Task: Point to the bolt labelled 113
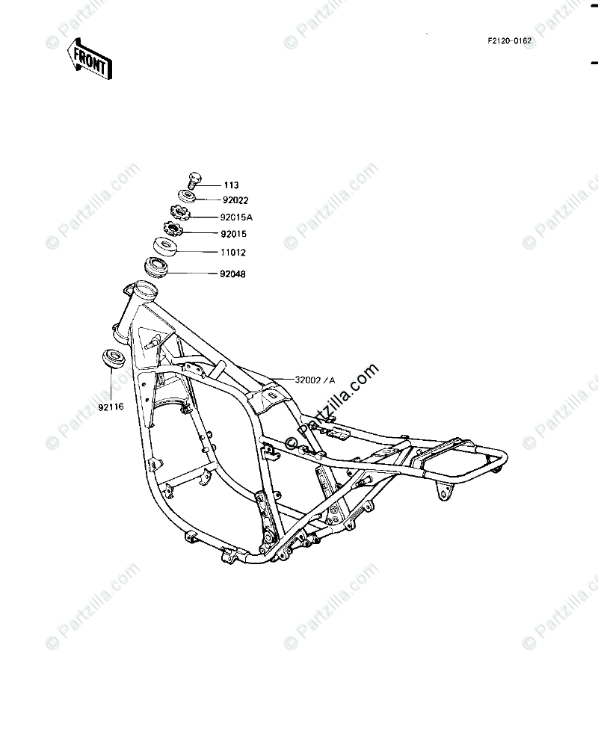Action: (x=194, y=180)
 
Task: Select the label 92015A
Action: (x=236, y=218)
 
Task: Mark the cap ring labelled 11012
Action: (x=165, y=246)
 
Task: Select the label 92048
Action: (x=233, y=274)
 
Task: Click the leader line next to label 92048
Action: (x=194, y=274)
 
